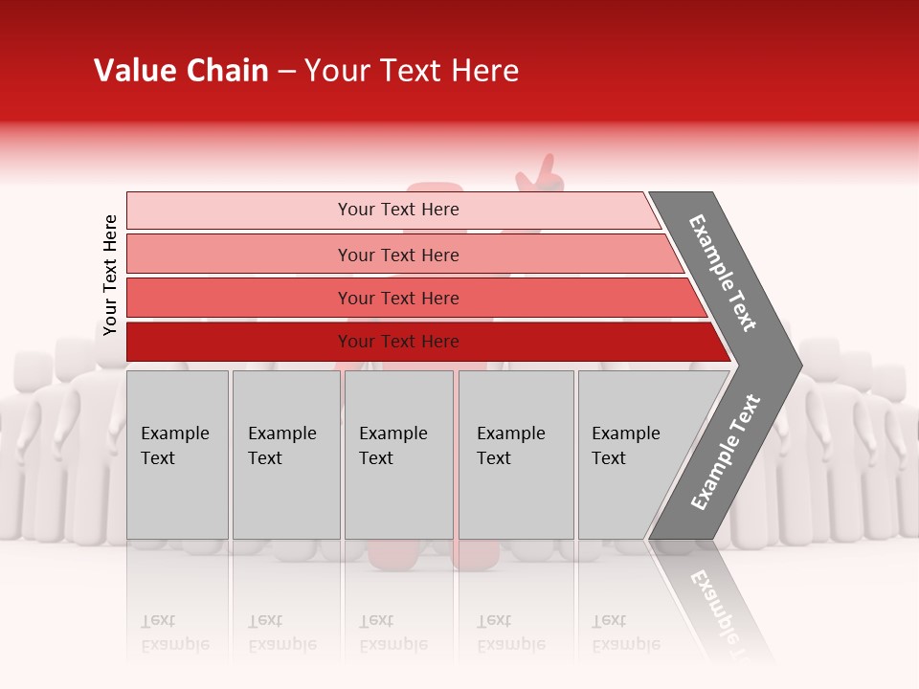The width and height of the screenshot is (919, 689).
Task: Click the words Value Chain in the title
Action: pyautogui.click(x=181, y=71)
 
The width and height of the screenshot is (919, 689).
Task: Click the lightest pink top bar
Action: pyautogui.click(x=239, y=211)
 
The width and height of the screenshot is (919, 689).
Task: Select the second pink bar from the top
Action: pyautogui.click(x=239, y=255)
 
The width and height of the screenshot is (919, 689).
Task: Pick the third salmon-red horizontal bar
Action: pyautogui.click(x=239, y=298)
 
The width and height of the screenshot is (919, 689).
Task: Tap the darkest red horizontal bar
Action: pyautogui.click(x=239, y=342)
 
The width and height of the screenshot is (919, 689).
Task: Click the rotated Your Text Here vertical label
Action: pyautogui.click(x=110, y=276)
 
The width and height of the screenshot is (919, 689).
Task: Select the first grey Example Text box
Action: pyautogui.click(x=177, y=455)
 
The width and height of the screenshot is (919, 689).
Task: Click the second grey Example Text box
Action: pyautogui.click(x=286, y=455)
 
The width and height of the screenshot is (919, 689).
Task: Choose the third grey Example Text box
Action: pyautogui.click(x=398, y=455)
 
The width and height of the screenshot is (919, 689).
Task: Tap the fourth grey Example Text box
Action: pyautogui.click(x=516, y=455)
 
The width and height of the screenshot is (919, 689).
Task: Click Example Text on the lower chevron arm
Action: pyautogui.click(x=726, y=452)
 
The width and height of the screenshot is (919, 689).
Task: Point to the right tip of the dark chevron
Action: pyautogui.click(x=799, y=365)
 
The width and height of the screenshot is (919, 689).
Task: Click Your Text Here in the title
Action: pyautogui.click(x=412, y=71)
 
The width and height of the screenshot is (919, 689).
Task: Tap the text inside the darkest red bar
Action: pyautogui.click(x=398, y=342)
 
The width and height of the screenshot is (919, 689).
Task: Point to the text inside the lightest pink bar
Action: pyautogui.click(x=398, y=210)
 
